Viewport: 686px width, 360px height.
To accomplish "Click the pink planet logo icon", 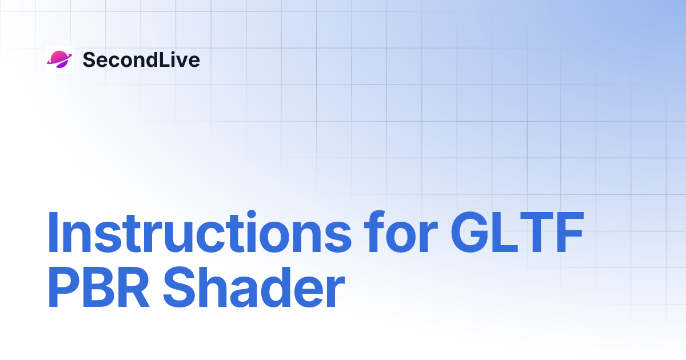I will click(59, 59).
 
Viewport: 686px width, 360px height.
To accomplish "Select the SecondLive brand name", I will click(141, 59).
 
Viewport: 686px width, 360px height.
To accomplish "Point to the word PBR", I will click(99, 289).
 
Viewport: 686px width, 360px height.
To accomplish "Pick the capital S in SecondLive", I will click(90, 59).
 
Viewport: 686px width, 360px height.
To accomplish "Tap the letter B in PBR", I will click(99, 289).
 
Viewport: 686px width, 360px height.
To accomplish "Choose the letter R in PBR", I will click(135, 289).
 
